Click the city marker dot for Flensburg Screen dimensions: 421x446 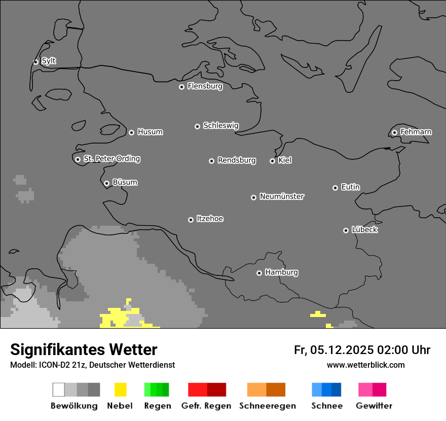(x=181, y=87)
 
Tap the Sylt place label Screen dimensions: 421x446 (x=49, y=61)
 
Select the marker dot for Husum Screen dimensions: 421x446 (x=131, y=132)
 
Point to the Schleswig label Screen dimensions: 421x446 (x=220, y=125)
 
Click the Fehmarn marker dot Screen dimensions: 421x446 (x=394, y=132)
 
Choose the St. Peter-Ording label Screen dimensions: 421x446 (x=111, y=159)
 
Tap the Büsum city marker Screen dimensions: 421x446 (x=106, y=183)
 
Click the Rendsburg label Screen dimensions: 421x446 (x=237, y=160)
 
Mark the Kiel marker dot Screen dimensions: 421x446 (x=272, y=161)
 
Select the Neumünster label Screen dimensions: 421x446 (x=282, y=196)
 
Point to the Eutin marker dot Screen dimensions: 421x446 (x=335, y=188)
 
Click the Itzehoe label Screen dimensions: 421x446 (x=210, y=219)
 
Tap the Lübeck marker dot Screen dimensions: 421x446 (x=346, y=230)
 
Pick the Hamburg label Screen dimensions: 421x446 (x=281, y=272)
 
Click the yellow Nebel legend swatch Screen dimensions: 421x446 (x=120, y=390)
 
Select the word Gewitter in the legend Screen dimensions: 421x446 (x=374, y=406)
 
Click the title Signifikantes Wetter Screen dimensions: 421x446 (x=84, y=349)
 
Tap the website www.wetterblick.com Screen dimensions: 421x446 (x=365, y=365)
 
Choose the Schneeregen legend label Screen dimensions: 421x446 (x=268, y=406)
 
